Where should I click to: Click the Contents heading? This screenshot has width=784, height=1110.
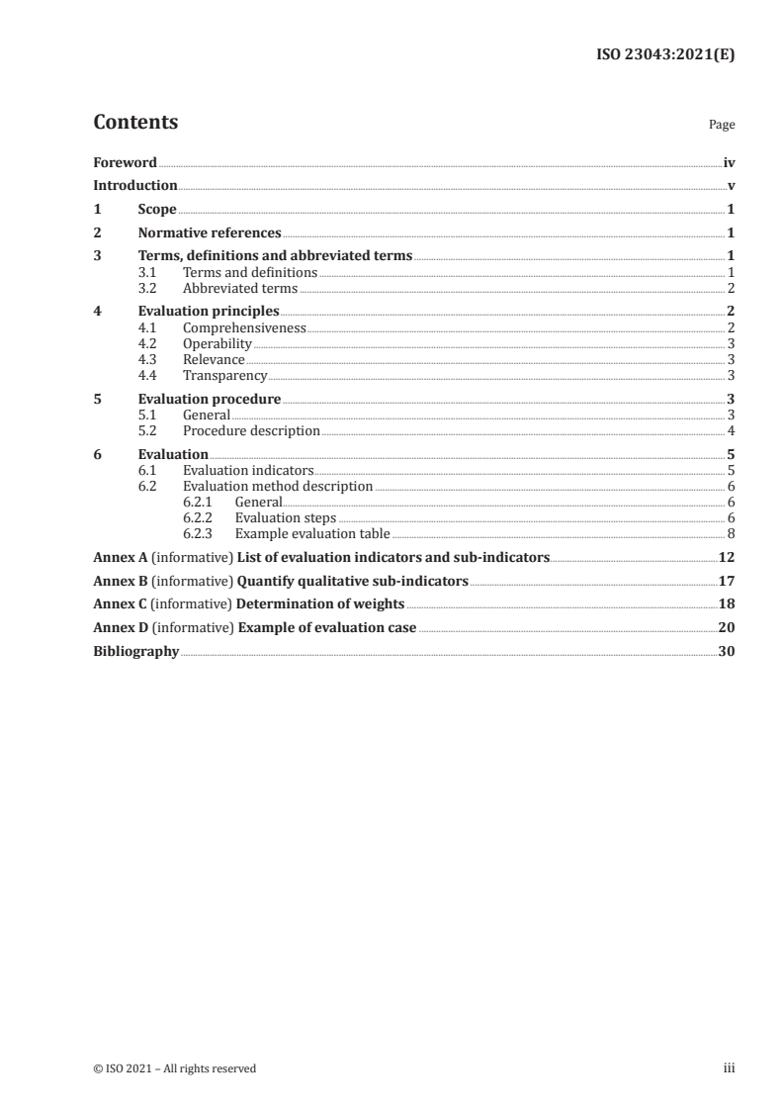pyautogui.click(x=135, y=123)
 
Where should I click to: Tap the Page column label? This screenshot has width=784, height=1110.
pyautogui.click(x=722, y=126)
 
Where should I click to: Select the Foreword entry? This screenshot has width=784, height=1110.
pyautogui.click(x=125, y=162)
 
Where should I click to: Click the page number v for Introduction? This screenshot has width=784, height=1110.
pyautogui.click(x=731, y=186)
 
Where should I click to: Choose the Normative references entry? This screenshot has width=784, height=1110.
pyautogui.click(x=210, y=233)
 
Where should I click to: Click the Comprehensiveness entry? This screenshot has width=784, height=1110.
pyautogui.click(x=244, y=327)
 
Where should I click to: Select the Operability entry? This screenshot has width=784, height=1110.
pyautogui.click(x=218, y=344)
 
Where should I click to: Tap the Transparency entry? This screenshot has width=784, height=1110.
pyautogui.click(x=224, y=376)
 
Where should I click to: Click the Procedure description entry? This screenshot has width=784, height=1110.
pyautogui.click(x=251, y=431)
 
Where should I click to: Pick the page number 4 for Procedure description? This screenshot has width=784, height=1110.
pyautogui.click(x=731, y=431)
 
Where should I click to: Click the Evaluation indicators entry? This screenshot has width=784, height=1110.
pyautogui.click(x=248, y=471)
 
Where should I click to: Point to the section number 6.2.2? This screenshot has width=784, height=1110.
pyautogui.click(x=199, y=518)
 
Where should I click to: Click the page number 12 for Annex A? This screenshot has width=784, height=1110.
pyautogui.click(x=727, y=558)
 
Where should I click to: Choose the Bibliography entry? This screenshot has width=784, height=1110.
pyautogui.click(x=135, y=652)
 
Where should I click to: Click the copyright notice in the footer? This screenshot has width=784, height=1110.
pyautogui.click(x=174, y=1068)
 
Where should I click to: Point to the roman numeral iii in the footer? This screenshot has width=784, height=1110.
pyautogui.click(x=730, y=1068)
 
